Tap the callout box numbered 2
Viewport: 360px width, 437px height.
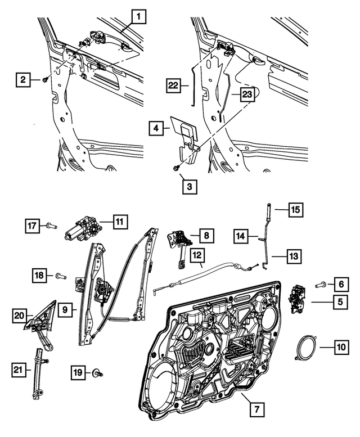[22, 80]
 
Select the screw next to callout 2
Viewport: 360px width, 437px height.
[44, 80]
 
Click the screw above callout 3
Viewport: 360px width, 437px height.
[176, 166]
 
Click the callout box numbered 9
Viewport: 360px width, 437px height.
[65, 309]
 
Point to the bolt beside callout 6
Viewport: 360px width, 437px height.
[321, 285]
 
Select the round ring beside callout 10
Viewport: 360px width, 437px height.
[305, 348]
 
